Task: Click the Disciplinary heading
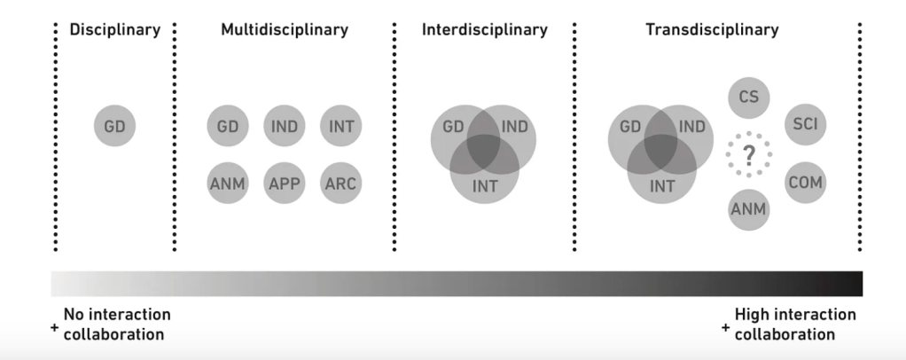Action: pyautogui.click(x=114, y=29)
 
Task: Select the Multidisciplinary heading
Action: pyautogui.click(x=285, y=29)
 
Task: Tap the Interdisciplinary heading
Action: pyautogui.click(x=484, y=29)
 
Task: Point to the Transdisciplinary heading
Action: pyautogui.click(x=712, y=29)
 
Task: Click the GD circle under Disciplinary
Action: pyautogui.click(x=114, y=126)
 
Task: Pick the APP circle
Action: pyautogui.click(x=285, y=184)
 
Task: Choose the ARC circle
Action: pyautogui.click(x=340, y=184)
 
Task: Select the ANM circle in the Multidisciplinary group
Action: pyautogui.click(x=228, y=184)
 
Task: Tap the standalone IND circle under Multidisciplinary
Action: pyautogui.click(x=285, y=126)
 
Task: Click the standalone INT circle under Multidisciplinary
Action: pyautogui.click(x=340, y=126)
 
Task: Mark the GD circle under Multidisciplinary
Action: pyautogui.click(x=228, y=126)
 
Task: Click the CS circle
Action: pyautogui.click(x=748, y=97)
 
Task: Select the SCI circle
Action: pyautogui.click(x=805, y=125)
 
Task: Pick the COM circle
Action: pyautogui.click(x=805, y=183)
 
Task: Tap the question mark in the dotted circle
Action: pyautogui.click(x=748, y=155)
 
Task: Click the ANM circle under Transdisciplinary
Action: pyautogui.click(x=748, y=210)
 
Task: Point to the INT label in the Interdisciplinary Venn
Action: pyautogui.click(x=484, y=186)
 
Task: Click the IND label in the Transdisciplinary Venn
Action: pyautogui.click(x=692, y=127)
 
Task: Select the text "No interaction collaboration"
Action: pyautogui.click(x=116, y=325)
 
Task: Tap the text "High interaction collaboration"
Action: pyautogui.click(x=794, y=325)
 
